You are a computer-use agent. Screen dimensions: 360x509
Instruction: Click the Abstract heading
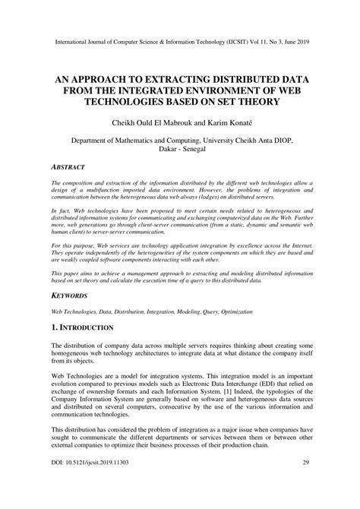[68, 166]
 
